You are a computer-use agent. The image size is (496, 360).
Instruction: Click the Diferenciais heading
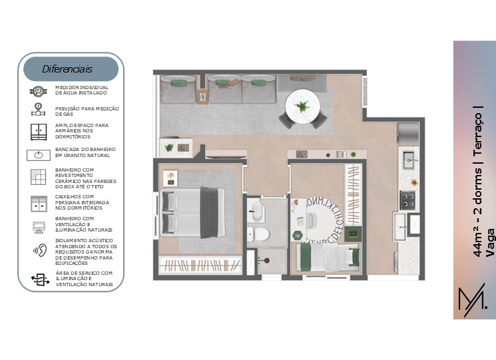click(x=67, y=69)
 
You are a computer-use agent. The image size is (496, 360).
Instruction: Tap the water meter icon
click(x=38, y=91)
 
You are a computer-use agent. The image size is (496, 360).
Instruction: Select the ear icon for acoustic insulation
click(x=40, y=250)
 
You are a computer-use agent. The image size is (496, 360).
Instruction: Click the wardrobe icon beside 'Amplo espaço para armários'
click(x=39, y=132)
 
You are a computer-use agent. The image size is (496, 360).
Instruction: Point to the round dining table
click(x=302, y=107)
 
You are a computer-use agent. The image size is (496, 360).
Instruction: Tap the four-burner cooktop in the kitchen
click(x=407, y=200)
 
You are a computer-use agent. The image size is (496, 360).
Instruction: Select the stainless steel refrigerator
click(x=408, y=134)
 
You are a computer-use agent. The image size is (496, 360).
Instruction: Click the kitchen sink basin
click(x=410, y=160)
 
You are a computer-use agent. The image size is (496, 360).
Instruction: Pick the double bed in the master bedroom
click(x=192, y=212)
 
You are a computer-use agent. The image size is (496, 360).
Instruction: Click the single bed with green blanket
click(x=328, y=257)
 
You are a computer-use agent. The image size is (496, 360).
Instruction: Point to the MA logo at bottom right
click(x=473, y=300)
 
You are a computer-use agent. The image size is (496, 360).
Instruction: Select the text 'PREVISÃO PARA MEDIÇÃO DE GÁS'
click(x=87, y=111)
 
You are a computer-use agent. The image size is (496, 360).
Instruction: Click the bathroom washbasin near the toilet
click(x=256, y=211)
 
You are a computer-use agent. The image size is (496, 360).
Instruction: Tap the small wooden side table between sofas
click(x=202, y=96)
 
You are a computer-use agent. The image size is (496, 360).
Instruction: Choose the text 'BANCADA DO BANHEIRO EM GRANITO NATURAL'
click(x=85, y=152)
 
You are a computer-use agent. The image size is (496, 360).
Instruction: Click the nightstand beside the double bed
click(x=170, y=178)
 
